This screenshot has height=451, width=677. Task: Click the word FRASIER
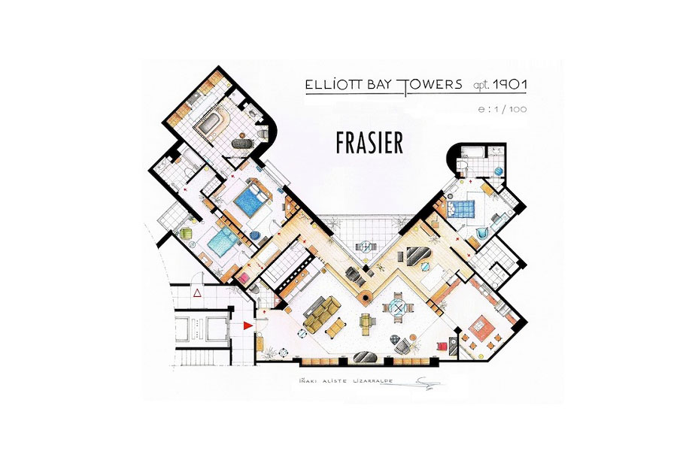point(369,143)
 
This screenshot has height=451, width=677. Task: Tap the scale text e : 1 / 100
point(502,109)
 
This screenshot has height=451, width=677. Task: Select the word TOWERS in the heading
point(431,85)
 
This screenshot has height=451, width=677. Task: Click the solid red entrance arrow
point(247,325)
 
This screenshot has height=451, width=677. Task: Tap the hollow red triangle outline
point(197,293)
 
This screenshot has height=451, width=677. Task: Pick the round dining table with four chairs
point(398,307)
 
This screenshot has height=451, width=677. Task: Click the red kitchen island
point(480,325)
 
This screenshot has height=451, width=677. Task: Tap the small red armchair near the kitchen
point(442,347)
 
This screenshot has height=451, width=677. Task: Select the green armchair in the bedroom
point(186,234)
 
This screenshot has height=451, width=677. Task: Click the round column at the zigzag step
point(366,298)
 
